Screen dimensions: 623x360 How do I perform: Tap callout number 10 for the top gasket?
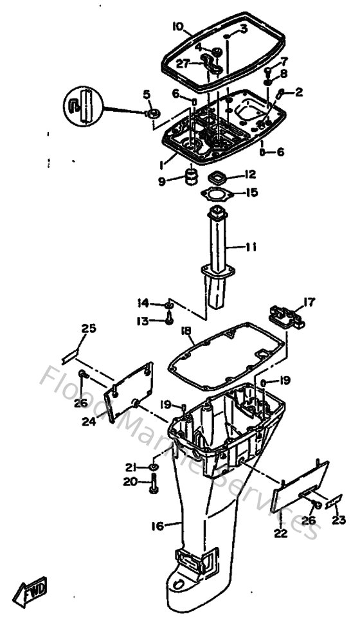(x=178, y=26)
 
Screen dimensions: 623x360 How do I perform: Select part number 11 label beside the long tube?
(x=251, y=246)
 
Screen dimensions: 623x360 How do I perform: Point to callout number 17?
(x=309, y=300)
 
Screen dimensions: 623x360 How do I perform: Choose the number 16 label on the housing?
(x=157, y=526)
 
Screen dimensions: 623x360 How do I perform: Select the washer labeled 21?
(x=155, y=465)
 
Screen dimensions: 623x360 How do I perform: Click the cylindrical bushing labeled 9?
(x=190, y=176)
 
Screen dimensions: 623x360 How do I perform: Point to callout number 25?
(x=88, y=329)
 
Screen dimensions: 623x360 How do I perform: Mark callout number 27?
(x=183, y=64)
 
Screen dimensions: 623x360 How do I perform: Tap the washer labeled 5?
(x=154, y=113)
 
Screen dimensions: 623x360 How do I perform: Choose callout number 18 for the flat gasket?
(x=186, y=330)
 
